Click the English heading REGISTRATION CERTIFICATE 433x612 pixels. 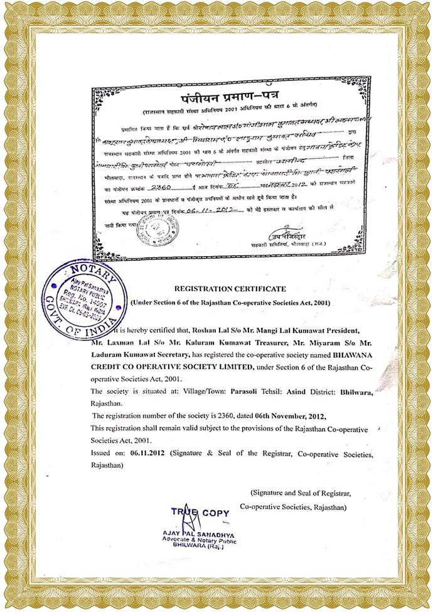(x=233, y=289)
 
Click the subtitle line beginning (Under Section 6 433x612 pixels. (x=233, y=303)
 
